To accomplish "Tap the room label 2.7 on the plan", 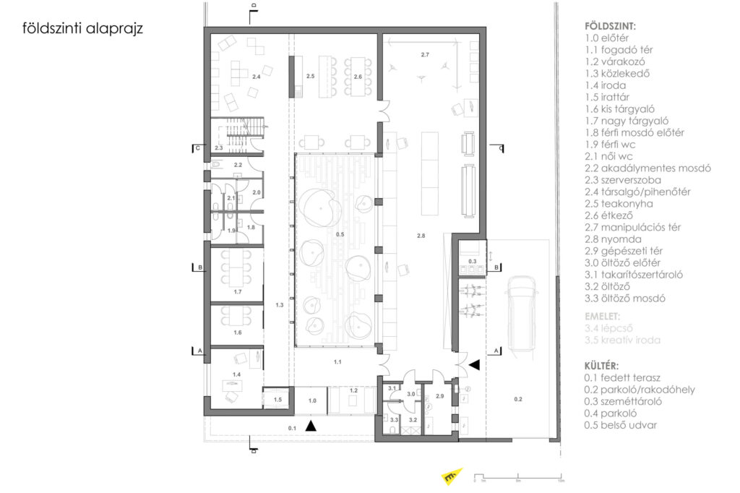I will [x=425, y=55].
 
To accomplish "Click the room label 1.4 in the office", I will [x=236, y=374].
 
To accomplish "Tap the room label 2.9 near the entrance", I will [x=440, y=396].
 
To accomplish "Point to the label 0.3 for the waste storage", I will [x=472, y=261].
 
